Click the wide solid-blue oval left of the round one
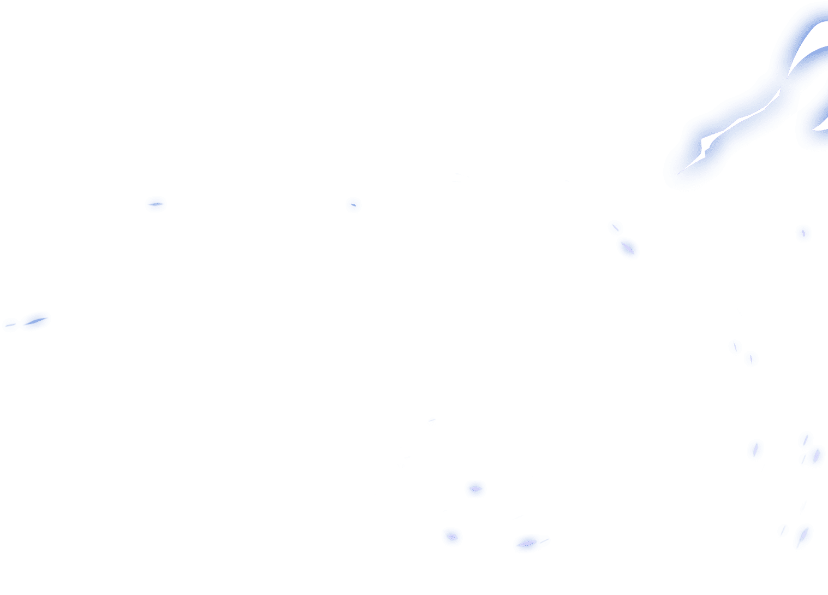coord(156,204)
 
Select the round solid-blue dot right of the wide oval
coord(354,205)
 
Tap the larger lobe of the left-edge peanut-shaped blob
coord(36,321)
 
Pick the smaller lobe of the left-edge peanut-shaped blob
coord(10,325)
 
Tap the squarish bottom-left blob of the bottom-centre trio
coord(452,537)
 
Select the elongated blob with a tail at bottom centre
coord(528,543)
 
